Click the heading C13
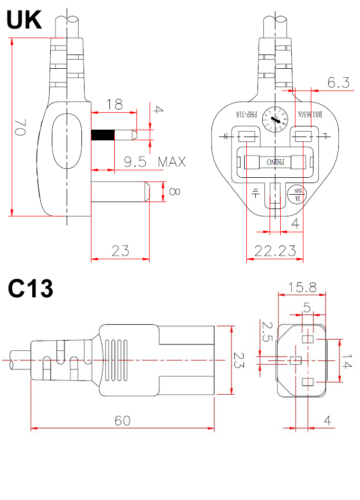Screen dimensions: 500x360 (x=30, y=289)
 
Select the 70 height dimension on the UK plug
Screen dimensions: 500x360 (x=21, y=128)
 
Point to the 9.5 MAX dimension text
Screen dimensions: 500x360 (x=155, y=162)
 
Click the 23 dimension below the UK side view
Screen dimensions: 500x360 (x=121, y=251)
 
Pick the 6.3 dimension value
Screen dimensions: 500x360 (x=338, y=83)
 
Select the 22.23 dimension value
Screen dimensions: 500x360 (x=275, y=251)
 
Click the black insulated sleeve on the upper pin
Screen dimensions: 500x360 (x=103, y=135)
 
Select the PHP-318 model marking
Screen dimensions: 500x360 (x=246, y=114)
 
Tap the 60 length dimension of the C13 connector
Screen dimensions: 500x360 (x=123, y=421)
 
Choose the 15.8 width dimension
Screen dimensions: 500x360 (x=302, y=287)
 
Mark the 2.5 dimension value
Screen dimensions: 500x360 (x=267, y=333)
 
